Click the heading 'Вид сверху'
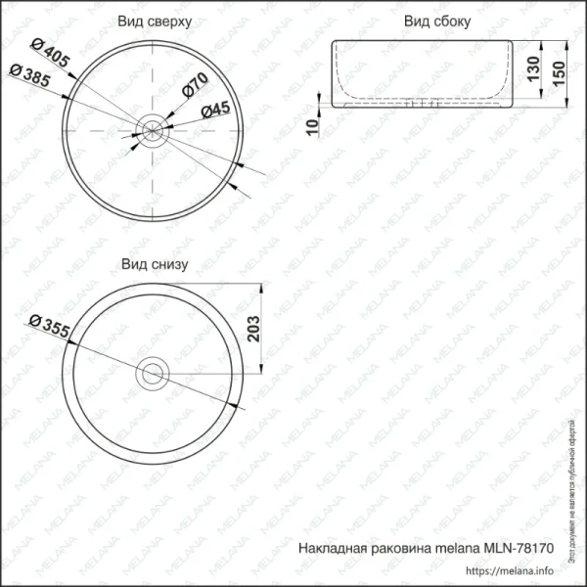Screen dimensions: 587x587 tap(154, 21)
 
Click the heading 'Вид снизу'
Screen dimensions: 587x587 tap(154, 264)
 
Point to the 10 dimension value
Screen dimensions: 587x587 tap(311, 126)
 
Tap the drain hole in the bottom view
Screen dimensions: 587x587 tap(153, 372)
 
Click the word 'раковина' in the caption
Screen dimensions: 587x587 tap(394, 551)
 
